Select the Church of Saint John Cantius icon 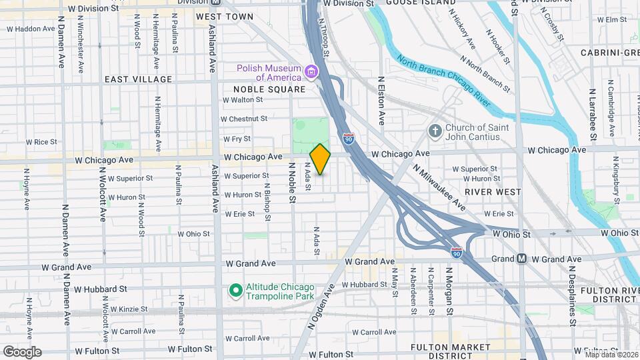point(434,131)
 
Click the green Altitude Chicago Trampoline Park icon point(235,290)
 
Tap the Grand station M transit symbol point(522,259)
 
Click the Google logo point(21,351)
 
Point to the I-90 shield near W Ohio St point(456,253)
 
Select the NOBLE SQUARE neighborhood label point(269,89)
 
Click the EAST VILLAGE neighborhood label point(138,79)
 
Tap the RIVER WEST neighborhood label point(493,191)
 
